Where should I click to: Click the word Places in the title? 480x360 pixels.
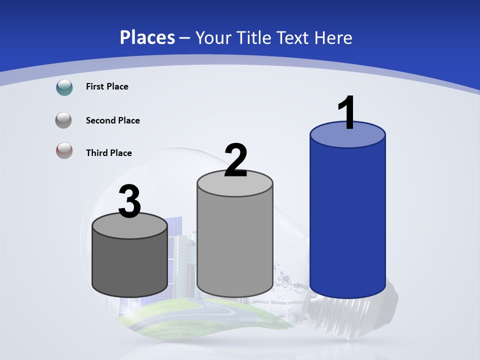pos(147,37)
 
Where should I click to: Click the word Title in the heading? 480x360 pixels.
pos(253,37)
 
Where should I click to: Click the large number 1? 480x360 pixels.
pos(346,112)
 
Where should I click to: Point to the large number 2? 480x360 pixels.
pos(235,160)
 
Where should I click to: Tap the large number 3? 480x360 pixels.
pos(129,202)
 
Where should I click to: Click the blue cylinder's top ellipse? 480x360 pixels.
pos(347,135)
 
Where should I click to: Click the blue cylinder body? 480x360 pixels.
pos(347,220)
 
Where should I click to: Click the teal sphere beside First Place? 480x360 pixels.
pos(64,87)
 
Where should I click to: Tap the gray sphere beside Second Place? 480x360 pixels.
pos(64,120)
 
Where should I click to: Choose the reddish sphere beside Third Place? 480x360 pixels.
pos(64,150)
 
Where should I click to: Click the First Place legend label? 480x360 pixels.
pos(107,86)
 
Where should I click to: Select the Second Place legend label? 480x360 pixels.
pos(112,120)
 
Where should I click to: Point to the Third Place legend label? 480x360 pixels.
pos(108,153)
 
